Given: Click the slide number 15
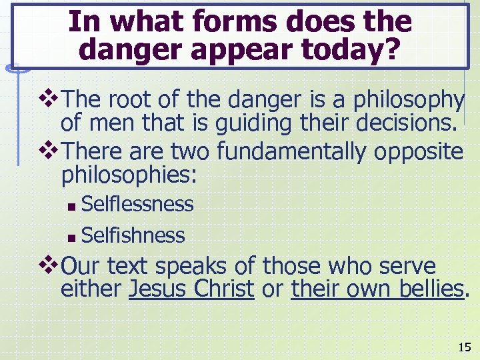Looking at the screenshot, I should (464, 347).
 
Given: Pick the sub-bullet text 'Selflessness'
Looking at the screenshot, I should (137, 204).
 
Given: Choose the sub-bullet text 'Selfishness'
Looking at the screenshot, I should (133, 235).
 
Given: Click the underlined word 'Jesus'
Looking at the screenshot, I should (158, 289).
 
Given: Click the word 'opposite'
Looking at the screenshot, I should (418, 152).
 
